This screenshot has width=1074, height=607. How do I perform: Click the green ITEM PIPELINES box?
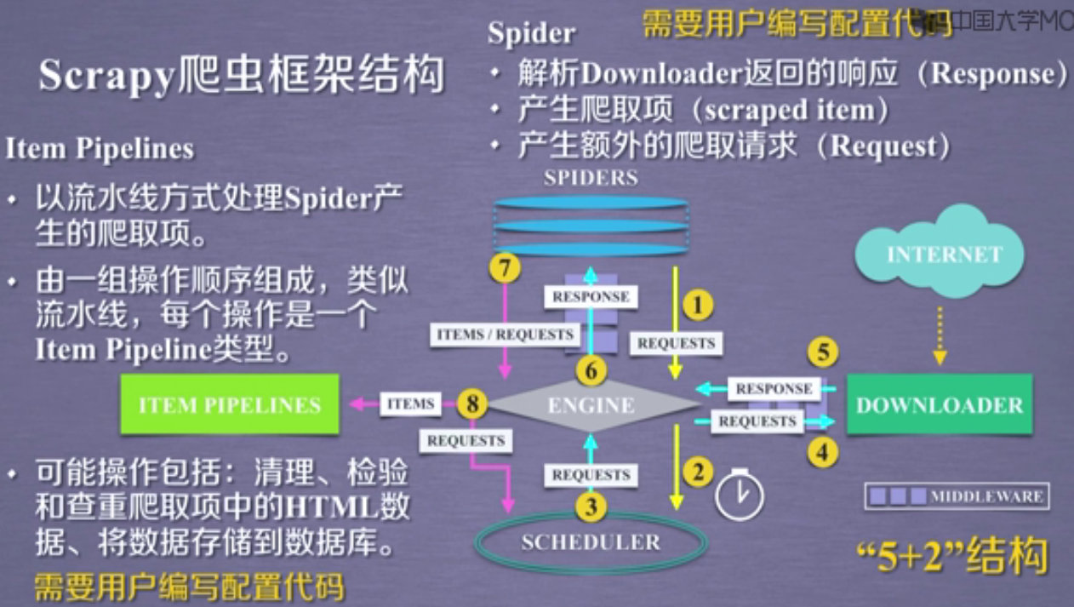tap(230, 404)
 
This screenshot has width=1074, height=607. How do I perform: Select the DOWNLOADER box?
tap(939, 404)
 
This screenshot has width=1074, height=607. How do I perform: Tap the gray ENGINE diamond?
tap(591, 405)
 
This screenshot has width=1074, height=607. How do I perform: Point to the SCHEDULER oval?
tap(591, 542)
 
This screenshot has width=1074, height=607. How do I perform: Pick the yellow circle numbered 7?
tap(504, 269)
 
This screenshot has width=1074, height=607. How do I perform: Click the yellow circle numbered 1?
tap(698, 305)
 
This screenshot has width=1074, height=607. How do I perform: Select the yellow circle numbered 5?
tap(822, 352)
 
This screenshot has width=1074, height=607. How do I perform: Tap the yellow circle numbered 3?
tap(591, 507)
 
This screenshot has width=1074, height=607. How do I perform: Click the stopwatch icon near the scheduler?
tap(734, 494)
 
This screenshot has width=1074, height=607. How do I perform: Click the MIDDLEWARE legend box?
tap(957, 495)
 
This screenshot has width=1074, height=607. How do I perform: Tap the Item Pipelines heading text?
tap(100, 149)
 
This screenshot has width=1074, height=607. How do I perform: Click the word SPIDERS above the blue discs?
tap(591, 178)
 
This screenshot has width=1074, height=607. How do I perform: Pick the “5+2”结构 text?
tap(950, 558)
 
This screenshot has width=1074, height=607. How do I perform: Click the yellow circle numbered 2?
tap(698, 471)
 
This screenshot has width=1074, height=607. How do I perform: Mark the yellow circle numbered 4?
tap(822, 454)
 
